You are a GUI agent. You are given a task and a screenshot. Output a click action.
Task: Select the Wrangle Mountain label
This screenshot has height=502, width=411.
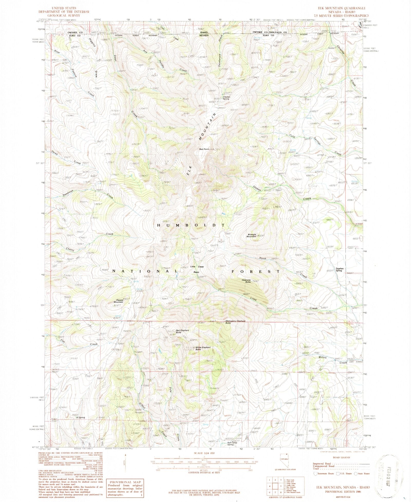click(x=251, y=235)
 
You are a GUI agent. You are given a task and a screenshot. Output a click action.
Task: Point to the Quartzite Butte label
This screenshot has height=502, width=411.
click(x=246, y=281)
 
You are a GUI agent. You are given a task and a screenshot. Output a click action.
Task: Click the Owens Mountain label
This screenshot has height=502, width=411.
click(x=118, y=301)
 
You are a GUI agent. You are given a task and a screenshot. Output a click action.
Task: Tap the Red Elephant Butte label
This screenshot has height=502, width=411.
click(x=182, y=331)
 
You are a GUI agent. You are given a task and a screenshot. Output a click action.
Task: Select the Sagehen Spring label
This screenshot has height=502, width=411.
click(x=339, y=270)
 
